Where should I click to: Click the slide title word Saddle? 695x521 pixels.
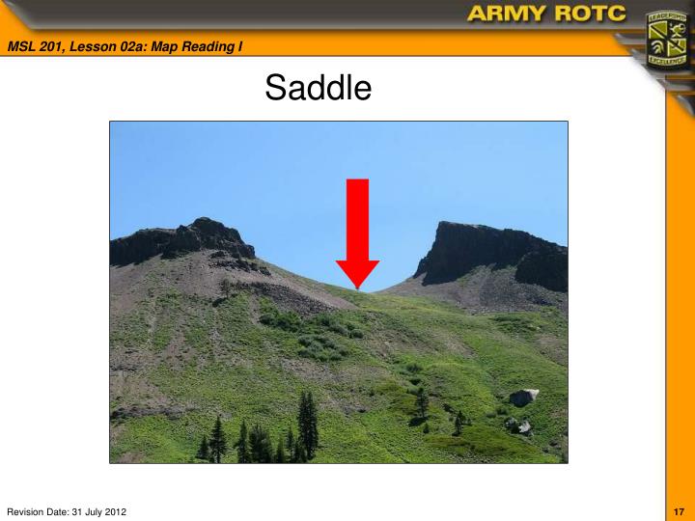coord(318,88)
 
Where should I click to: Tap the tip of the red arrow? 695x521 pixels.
coord(357,288)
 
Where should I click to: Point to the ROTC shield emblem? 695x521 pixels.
coord(665,39)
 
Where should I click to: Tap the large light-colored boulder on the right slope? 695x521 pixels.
coord(523,397)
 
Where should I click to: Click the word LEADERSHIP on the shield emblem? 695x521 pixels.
coord(665,16)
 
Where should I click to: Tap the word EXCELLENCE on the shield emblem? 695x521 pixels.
coord(665,60)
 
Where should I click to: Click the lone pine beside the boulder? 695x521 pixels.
coord(459,421)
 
